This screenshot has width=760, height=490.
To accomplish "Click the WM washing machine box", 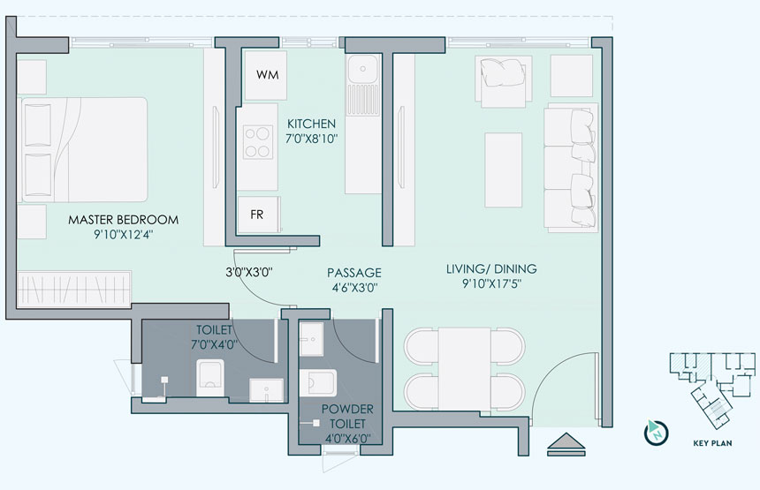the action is [262, 75].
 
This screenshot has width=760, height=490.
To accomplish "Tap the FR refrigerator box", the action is [258, 214].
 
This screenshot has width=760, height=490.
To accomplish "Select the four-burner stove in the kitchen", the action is [257, 142].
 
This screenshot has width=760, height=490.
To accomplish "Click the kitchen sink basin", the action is [362, 68].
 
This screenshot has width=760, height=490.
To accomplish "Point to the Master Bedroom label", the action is [123, 220].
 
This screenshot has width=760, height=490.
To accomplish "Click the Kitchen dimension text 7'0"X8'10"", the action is [311, 139].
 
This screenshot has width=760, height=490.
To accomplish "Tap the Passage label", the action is [354, 273].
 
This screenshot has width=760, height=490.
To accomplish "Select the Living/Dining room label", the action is [491, 268].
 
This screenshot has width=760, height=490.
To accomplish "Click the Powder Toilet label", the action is [347, 417].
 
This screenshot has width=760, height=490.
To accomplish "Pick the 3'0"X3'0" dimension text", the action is [249, 272].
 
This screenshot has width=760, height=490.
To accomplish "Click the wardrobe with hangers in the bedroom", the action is [74, 289].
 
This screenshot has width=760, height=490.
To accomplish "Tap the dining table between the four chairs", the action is [465, 368].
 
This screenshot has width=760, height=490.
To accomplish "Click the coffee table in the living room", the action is [504, 170].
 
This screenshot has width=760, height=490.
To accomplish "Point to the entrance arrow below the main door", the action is [566, 443].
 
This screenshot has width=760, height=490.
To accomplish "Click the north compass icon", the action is [657, 433].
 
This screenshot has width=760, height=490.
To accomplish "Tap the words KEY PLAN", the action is [712, 443].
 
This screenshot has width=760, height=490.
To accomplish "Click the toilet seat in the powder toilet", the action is [318, 383].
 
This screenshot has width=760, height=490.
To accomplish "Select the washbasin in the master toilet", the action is [266, 390].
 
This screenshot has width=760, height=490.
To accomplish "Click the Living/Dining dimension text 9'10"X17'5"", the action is [491, 283].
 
